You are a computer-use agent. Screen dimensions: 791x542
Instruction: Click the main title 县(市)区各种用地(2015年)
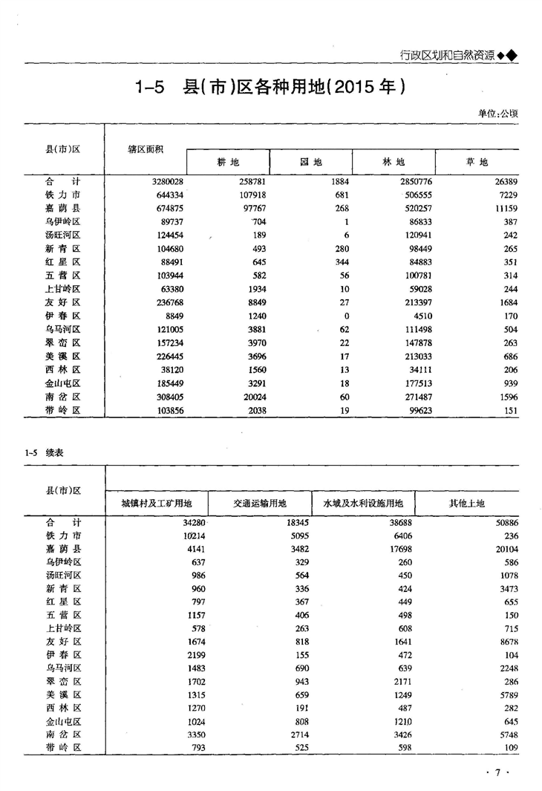pyautogui.click(x=270, y=88)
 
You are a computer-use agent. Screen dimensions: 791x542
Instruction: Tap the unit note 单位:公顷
pyautogui.click(x=498, y=114)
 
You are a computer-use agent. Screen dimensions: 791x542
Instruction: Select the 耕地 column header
pyautogui.click(x=228, y=162)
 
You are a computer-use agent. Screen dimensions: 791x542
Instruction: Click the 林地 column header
pyautogui.click(x=394, y=162)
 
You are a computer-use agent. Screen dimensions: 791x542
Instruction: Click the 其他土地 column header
pyautogui.click(x=466, y=503)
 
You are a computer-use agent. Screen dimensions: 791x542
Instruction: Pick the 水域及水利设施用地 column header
pyautogui.click(x=363, y=503)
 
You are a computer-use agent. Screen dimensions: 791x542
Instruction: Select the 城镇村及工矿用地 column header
pyautogui.click(x=157, y=503)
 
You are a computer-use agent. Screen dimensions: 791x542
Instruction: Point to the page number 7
pyautogui.click(x=499, y=773)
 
